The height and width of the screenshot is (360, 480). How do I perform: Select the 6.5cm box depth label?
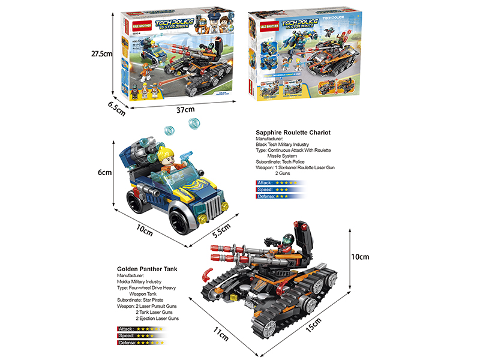coord(116,106)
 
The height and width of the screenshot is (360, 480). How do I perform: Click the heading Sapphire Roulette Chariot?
coord(293,133)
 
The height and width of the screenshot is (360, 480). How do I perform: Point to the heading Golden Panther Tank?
coord(147,270)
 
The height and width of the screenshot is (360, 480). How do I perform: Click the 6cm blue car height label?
coord(105,173)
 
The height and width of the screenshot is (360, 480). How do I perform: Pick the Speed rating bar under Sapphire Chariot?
coord(281,190)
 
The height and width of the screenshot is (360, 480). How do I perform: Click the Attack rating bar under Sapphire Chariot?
coord(281,182)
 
